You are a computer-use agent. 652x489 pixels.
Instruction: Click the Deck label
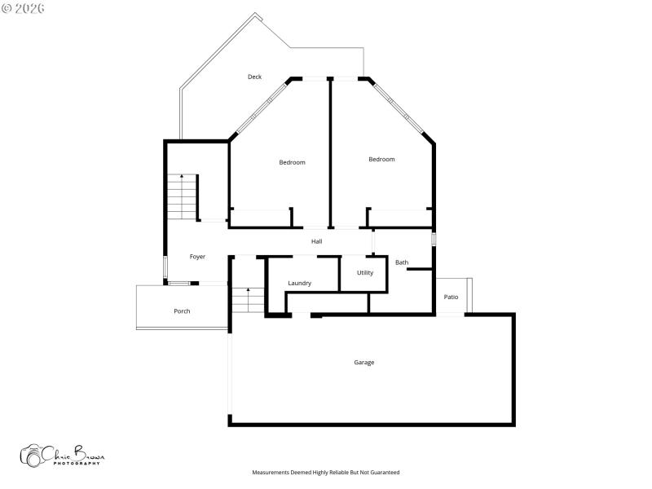(255, 77)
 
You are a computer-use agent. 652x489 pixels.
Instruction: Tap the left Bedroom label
(292, 162)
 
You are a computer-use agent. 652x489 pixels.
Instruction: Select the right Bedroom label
(381, 159)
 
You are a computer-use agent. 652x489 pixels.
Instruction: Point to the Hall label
(317, 241)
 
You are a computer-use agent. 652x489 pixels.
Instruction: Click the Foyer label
(197, 257)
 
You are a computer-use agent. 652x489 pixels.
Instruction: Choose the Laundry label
(299, 283)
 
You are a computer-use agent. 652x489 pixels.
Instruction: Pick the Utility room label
(365, 272)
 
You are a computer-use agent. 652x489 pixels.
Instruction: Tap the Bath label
(402, 262)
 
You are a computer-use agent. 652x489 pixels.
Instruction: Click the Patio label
(451, 297)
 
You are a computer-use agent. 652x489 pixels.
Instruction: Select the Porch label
(182, 311)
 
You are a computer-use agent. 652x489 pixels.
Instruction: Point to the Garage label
(364, 362)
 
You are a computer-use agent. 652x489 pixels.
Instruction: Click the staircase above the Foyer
(182, 197)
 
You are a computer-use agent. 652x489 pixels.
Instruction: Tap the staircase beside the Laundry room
(248, 300)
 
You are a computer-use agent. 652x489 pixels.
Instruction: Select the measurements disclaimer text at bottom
(325, 472)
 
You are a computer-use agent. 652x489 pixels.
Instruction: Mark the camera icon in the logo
(32, 456)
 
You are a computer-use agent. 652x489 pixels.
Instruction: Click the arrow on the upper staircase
(182, 176)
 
